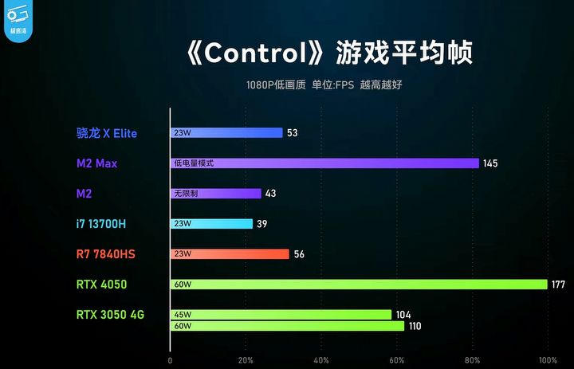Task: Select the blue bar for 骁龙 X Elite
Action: point(226,133)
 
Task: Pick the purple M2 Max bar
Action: point(324,163)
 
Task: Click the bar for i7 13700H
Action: point(211,224)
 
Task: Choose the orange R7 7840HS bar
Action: point(230,254)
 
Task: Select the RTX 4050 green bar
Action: point(359,285)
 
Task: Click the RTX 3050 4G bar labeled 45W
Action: point(281,315)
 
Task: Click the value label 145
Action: point(490,163)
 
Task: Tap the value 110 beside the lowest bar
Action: point(414,326)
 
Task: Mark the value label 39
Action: point(262,224)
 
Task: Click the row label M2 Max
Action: point(96,163)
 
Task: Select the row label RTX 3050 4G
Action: point(110,314)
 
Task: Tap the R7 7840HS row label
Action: point(106,254)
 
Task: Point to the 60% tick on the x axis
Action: point(396,359)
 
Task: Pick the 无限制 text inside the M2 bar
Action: point(185,194)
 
